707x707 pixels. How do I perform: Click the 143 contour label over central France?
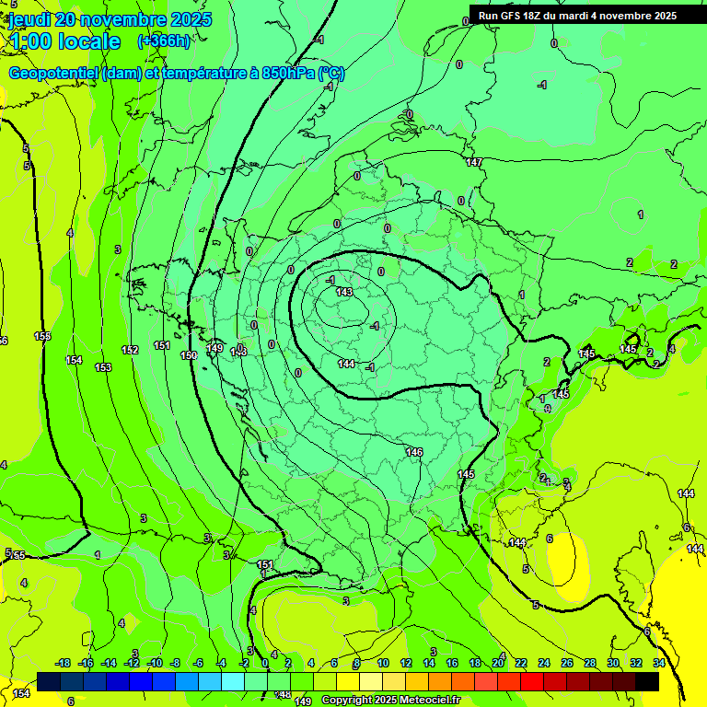(344, 292)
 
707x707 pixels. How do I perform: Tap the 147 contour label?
(474, 163)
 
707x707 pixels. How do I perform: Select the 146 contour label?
(414, 452)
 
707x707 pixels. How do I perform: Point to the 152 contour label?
(130, 350)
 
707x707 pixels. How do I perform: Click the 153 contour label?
(103, 367)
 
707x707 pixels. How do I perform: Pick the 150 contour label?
(189, 355)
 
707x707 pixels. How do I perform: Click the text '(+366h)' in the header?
(164, 41)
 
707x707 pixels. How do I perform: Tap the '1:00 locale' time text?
(64, 41)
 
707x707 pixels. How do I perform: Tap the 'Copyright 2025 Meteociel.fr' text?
(390, 701)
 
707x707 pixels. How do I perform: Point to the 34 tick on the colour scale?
(659, 663)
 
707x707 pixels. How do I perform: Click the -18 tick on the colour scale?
(63, 663)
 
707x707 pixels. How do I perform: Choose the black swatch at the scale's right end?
(647, 681)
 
